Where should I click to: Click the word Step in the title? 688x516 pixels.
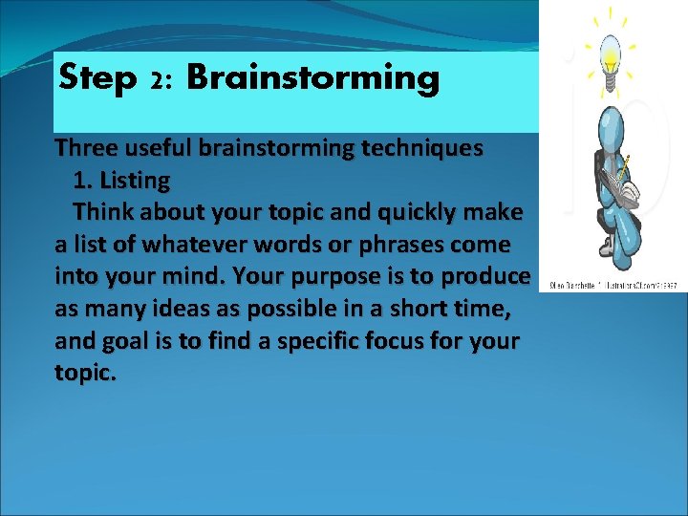point(97,78)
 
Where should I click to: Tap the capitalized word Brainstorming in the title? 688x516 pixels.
point(313,78)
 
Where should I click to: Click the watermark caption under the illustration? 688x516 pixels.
point(613,286)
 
